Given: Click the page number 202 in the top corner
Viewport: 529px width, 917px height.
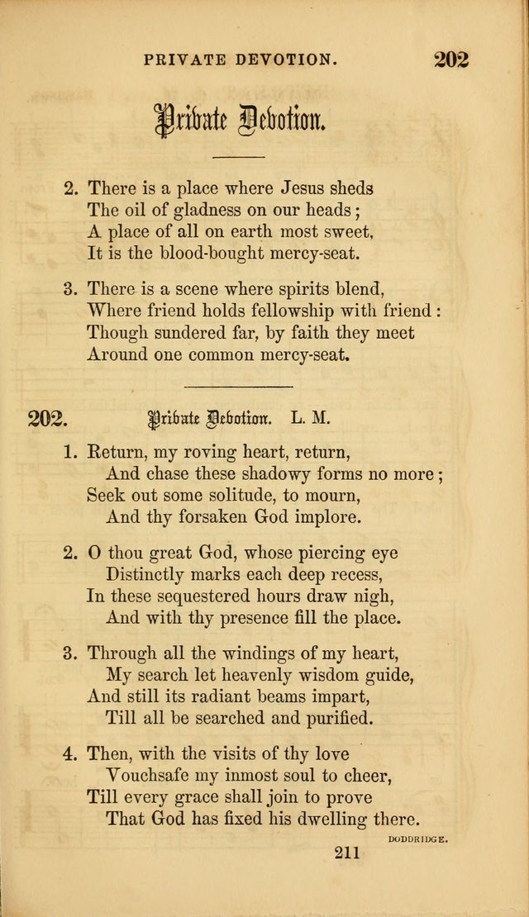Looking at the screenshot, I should pos(450,59).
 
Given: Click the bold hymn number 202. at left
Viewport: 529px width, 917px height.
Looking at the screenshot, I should pos(46,418).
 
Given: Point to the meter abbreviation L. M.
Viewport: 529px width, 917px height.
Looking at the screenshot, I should pos(310,418).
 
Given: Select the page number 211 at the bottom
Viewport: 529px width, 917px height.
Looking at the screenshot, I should pos(347,854).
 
